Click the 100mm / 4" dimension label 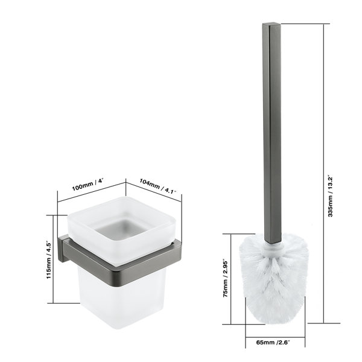(87, 185)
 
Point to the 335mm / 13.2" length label (331, 197)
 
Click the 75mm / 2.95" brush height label (226, 279)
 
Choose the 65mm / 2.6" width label (273, 342)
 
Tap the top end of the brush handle (271, 24)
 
